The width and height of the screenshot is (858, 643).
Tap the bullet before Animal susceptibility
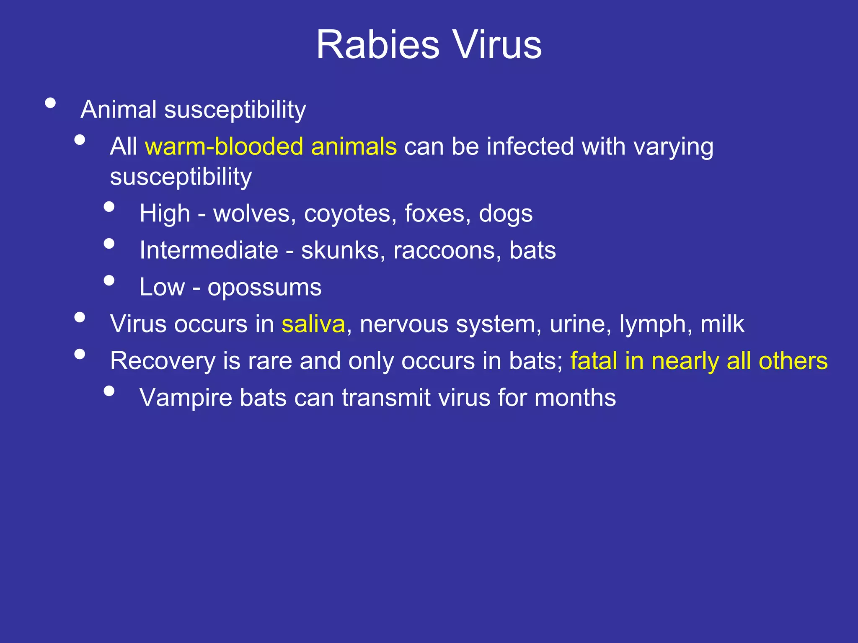point(50,103)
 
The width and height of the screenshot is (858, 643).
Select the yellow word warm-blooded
point(224,147)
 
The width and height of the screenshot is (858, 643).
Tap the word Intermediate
point(209,250)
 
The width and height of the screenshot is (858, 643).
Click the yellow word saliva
point(313,324)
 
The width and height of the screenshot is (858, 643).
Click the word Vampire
point(186,398)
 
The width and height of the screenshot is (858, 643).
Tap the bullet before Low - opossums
point(109,280)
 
